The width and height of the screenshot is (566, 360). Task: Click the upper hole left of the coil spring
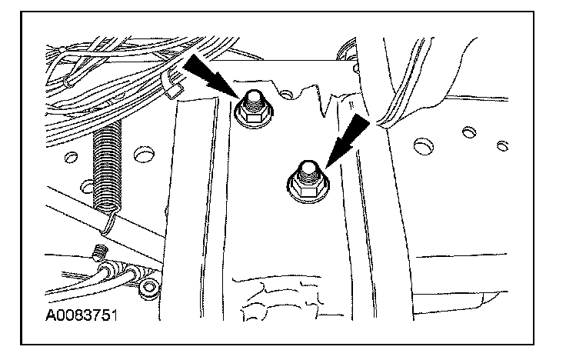click(71, 158)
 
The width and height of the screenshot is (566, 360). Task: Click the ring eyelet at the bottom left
click(149, 288)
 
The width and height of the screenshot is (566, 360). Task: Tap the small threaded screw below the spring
click(98, 252)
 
